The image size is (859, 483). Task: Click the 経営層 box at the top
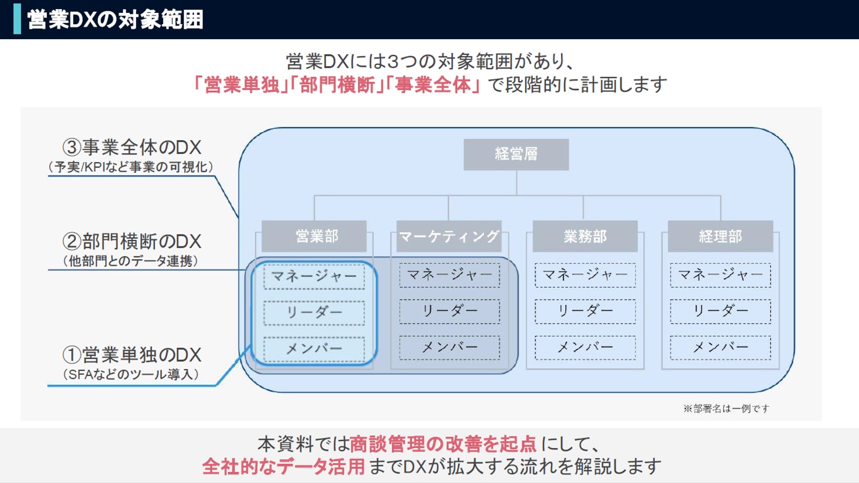tap(516, 155)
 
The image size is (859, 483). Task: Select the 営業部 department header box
tap(314, 236)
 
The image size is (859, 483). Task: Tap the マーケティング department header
tap(449, 236)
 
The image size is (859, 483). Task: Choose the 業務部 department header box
tap(585, 236)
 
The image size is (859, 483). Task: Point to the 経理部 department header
tap(720, 236)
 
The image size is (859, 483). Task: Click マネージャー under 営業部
tap(314, 276)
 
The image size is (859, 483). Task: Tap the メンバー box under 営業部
tap(314, 349)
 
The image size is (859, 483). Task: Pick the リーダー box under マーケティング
tap(449, 312)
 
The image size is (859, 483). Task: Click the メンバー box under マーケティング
tap(449, 348)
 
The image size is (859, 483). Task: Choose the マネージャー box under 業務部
tap(585, 275)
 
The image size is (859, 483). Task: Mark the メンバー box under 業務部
tap(585, 348)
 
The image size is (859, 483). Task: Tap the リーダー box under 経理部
tap(720, 312)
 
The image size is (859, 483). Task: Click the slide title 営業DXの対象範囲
tap(115, 19)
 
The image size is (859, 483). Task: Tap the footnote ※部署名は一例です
tap(726, 408)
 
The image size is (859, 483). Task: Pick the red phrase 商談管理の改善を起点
tap(443, 444)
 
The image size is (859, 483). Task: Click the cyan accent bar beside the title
tap(17, 19)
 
